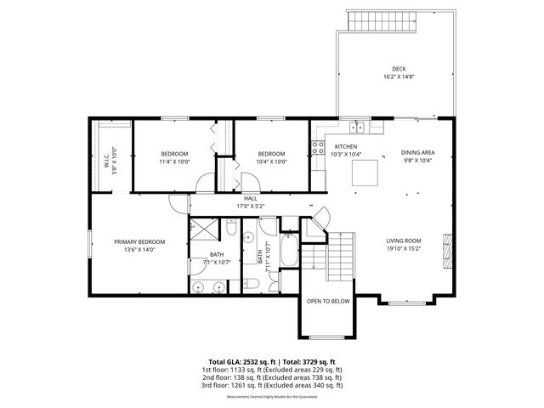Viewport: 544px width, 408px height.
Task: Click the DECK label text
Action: pyautogui.click(x=399, y=69)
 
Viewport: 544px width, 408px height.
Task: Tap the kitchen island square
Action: pyautogui.click(x=365, y=173)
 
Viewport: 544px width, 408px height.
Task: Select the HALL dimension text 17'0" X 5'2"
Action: pyautogui.click(x=250, y=206)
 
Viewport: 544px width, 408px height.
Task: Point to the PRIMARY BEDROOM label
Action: pyautogui.click(x=139, y=241)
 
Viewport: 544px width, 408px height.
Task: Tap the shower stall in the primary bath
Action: pyautogui.click(x=203, y=228)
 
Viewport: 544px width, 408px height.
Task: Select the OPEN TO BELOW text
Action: pyautogui.click(x=328, y=301)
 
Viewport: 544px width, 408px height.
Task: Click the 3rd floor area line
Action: pyautogui.click(x=272, y=385)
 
